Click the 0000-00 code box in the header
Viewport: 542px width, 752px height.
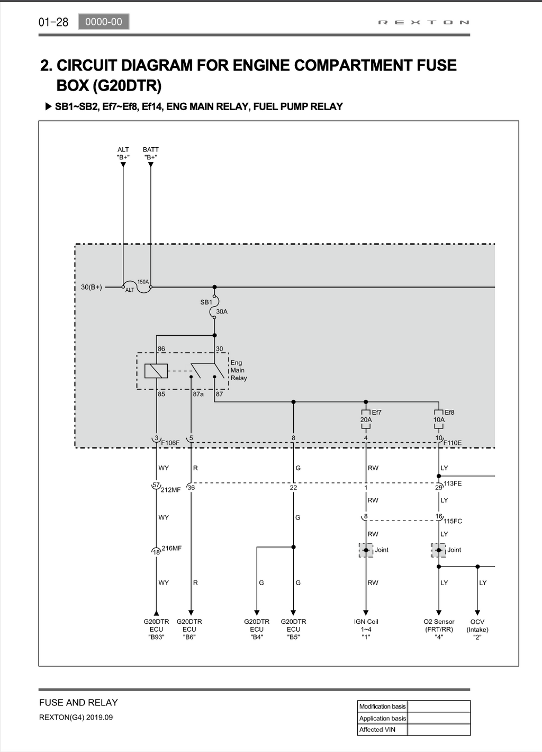point(104,22)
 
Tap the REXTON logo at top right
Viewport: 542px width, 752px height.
point(423,22)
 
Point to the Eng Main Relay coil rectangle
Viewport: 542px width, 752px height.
point(156,371)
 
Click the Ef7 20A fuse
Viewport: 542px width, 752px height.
point(366,419)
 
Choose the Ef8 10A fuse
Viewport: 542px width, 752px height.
point(439,419)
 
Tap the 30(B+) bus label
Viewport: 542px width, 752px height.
point(91,287)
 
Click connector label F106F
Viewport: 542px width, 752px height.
point(170,443)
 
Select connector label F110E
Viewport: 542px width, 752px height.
point(453,443)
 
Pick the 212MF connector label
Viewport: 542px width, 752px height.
point(170,490)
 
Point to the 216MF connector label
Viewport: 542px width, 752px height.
point(171,548)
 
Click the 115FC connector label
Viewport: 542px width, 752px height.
point(453,521)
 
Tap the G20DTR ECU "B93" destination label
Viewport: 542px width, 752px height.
point(156,630)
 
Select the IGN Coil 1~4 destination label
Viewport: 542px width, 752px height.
point(366,630)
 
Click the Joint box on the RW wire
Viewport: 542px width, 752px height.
point(366,550)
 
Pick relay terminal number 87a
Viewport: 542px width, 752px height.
point(198,394)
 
